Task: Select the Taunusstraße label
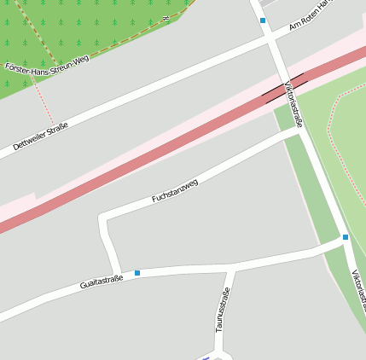(222, 309)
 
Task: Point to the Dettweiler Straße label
(40, 136)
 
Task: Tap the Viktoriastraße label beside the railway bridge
(295, 102)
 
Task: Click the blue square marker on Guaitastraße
(137, 273)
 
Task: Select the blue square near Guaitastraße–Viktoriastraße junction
(346, 237)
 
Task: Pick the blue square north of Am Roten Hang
(263, 20)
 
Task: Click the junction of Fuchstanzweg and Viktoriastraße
(299, 131)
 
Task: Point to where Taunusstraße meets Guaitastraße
(230, 270)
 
